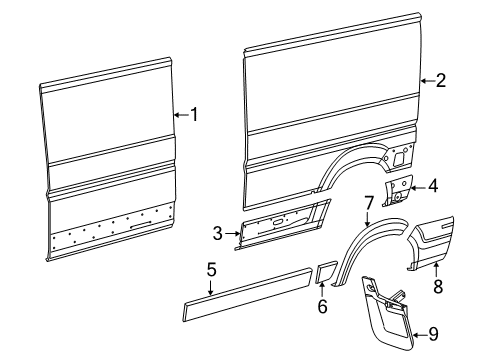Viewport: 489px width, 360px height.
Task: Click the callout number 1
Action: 194,115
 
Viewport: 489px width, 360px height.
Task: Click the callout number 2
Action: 440,82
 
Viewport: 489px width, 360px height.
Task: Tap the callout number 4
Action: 432,185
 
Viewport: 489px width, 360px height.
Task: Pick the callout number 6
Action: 322,307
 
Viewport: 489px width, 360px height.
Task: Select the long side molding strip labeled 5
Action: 245,296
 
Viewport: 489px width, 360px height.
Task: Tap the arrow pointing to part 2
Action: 425,82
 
